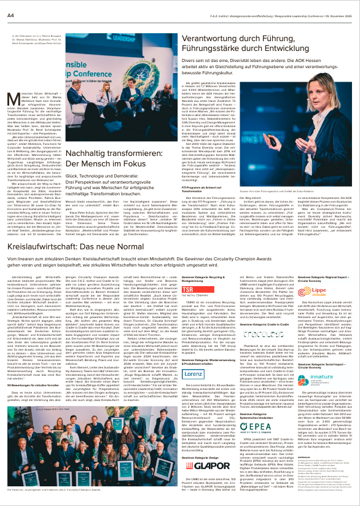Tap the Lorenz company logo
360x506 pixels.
click(x=195, y=356)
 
